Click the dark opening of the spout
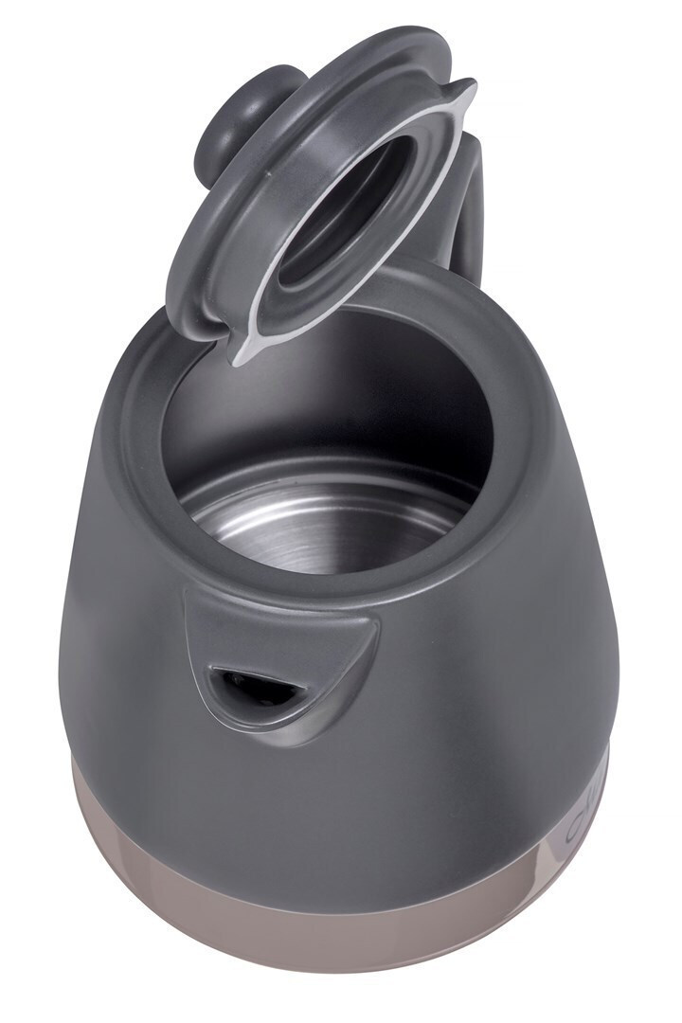click(x=247, y=684)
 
